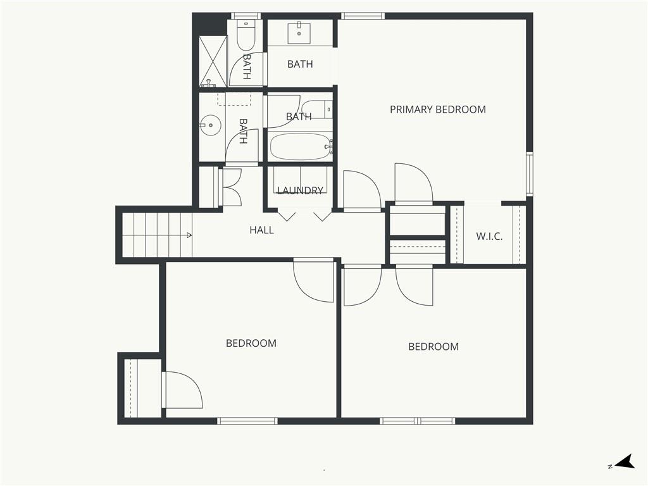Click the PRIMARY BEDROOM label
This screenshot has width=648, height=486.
[438, 109]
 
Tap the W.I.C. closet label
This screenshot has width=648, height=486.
[489, 237]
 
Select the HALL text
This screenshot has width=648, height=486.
[261, 230]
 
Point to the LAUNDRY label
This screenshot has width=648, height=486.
[300, 190]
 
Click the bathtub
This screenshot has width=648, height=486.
[301, 146]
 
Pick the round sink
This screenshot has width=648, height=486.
[210, 125]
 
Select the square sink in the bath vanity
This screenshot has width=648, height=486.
[299, 33]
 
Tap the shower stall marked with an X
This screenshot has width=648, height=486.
[213, 61]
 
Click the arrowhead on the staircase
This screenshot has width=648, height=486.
[189, 235]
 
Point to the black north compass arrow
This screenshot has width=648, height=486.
[626, 461]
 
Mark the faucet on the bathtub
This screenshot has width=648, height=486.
[330, 146]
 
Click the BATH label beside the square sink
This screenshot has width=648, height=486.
[300, 64]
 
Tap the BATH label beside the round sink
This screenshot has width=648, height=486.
[244, 131]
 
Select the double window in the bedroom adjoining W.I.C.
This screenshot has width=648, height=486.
[418, 421]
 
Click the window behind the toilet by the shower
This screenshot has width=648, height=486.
[246, 16]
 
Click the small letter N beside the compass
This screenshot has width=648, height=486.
[610, 466]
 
